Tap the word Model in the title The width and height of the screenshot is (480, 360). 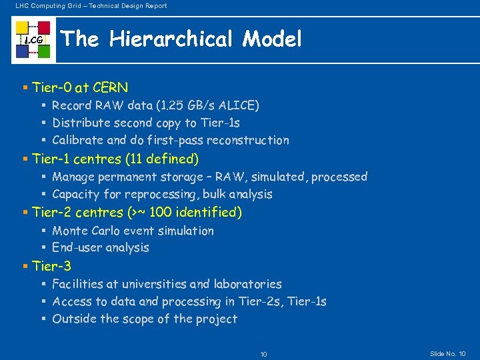(272, 39)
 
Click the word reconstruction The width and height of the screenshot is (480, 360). (248, 140)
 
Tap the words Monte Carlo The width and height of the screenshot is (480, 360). (97, 231)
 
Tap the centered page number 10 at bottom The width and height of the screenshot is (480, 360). (263, 354)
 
